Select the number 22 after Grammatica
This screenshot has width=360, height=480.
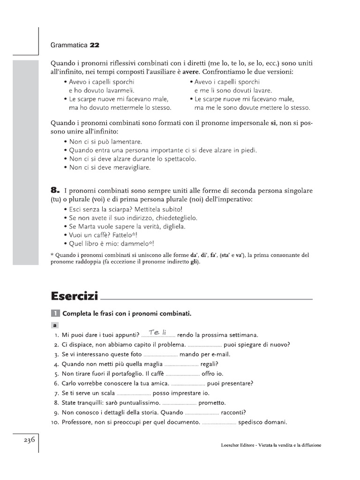coord(95,45)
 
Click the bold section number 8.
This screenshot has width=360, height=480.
coord(55,190)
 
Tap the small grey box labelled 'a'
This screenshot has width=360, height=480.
coord(55,325)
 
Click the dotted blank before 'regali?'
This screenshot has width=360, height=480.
coord(181,364)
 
